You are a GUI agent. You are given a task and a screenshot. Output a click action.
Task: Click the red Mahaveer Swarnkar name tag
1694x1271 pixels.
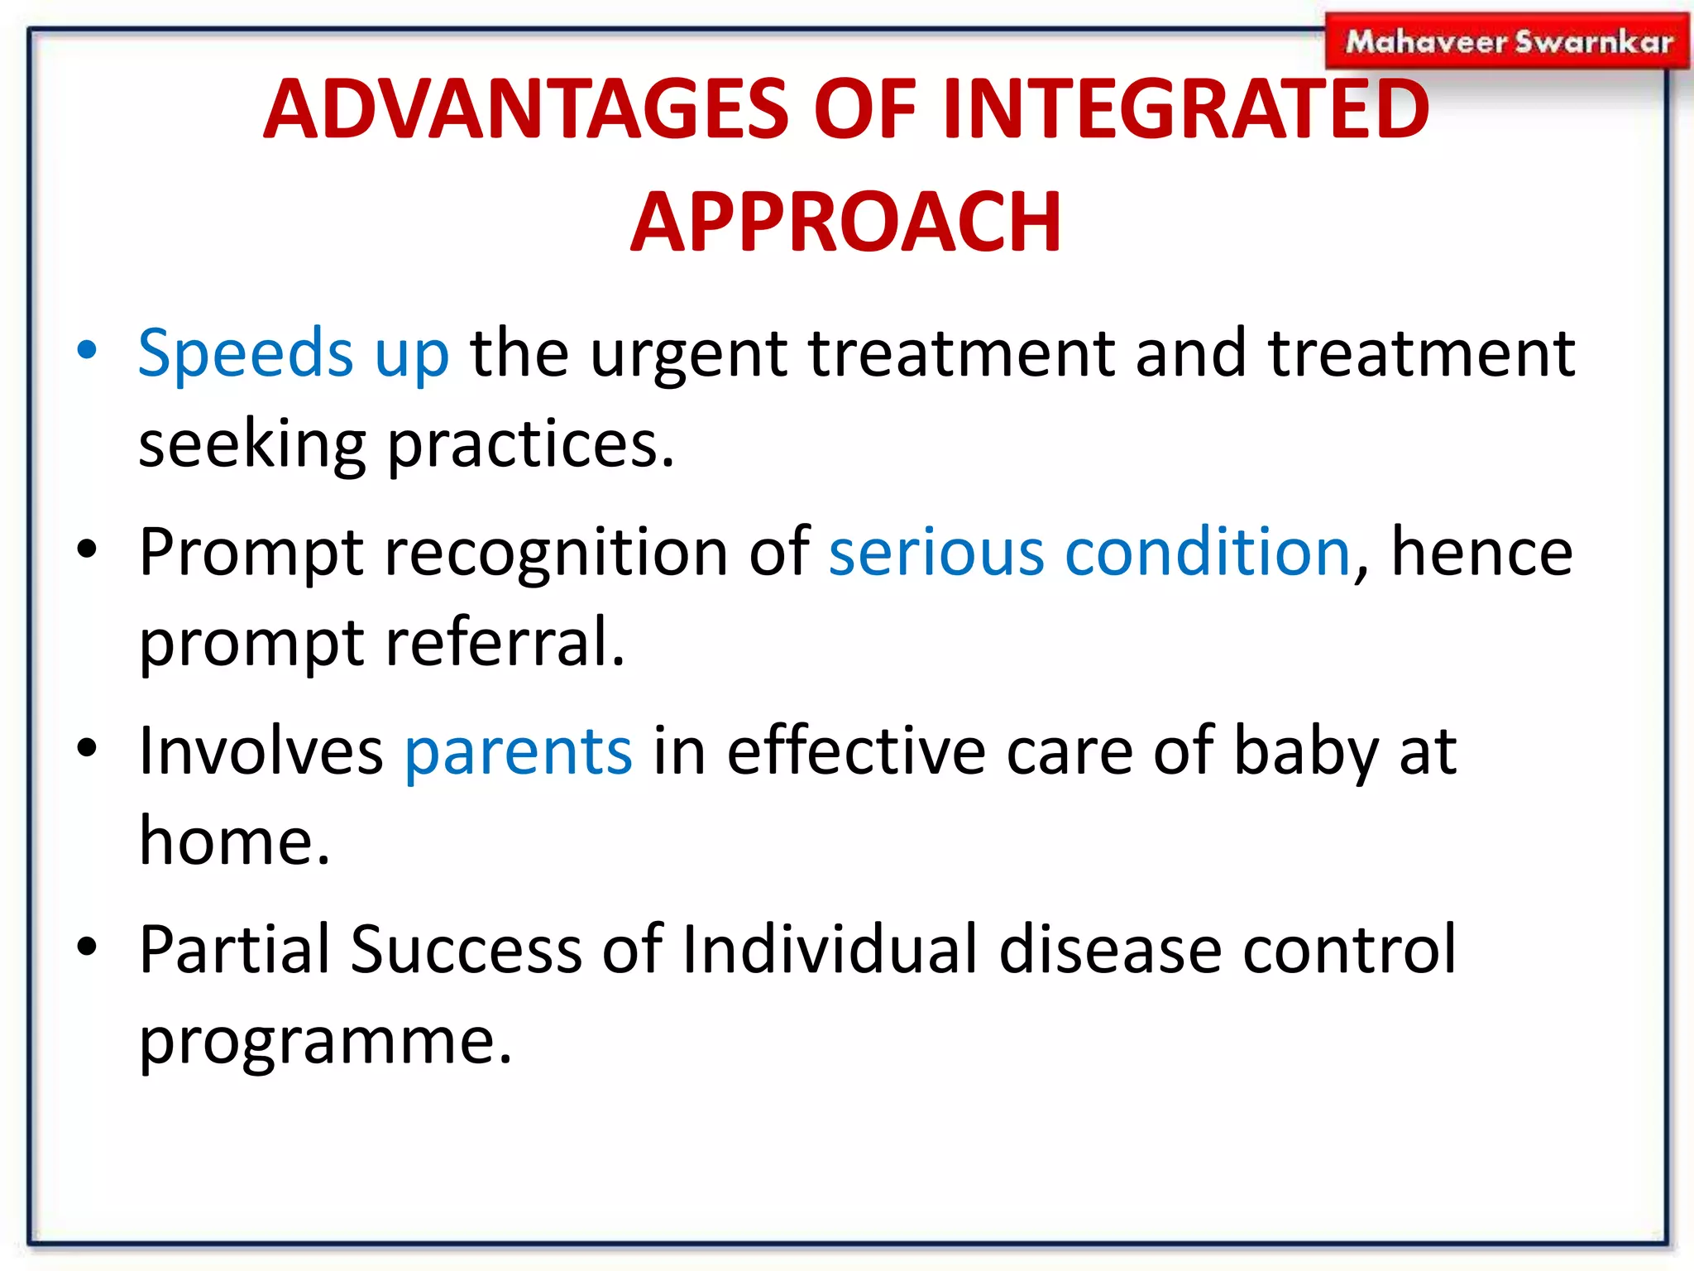click(x=1507, y=41)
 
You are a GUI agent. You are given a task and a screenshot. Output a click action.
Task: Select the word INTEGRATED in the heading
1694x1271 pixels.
click(x=1185, y=109)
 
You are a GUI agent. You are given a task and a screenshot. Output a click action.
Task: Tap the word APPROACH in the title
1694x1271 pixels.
click(x=845, y=222)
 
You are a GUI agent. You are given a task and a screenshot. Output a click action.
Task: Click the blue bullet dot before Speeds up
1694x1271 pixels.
click(x=87, y=350)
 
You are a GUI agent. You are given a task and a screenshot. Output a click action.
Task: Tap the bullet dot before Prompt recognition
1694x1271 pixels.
click(x=87, y=549)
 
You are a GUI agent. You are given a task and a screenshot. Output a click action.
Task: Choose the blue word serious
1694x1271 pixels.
click(x=936, y=552)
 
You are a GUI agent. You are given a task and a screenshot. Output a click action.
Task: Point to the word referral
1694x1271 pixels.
click(x=505, y=641)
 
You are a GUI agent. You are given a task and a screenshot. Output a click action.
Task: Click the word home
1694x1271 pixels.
click(x=235, y=841)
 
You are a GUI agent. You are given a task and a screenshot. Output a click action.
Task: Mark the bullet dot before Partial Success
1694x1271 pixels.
click(x=87, y=947)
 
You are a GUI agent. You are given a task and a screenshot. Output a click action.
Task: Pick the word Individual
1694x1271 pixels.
click(x=830, y=948)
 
